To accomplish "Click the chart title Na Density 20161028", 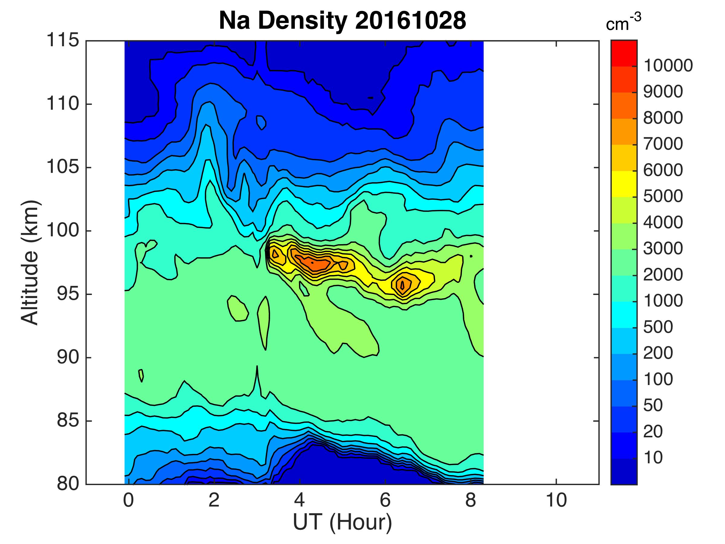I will tap(342, 21).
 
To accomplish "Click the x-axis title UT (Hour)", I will tap(342, 522).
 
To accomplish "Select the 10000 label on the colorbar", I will tap(668, 66).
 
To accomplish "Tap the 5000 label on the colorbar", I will tap(663, 196).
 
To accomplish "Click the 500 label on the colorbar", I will tap(658, 327).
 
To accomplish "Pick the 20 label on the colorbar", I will tap(653, 432).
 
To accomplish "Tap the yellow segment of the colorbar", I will tap(624, 184).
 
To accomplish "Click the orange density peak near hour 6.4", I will tap(404, 284).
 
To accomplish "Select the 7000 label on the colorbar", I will tap(663, 144).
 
